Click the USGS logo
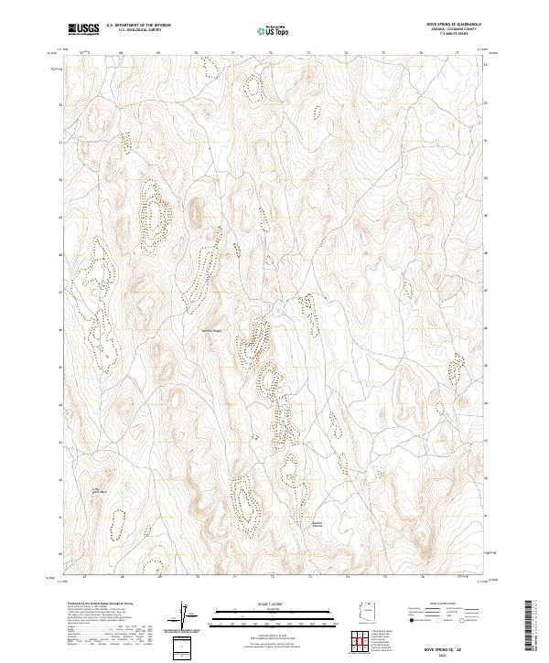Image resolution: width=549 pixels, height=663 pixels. coord(84,29)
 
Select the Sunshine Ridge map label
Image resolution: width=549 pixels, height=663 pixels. coord(212,331)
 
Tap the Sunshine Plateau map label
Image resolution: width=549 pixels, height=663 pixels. coord(318,523)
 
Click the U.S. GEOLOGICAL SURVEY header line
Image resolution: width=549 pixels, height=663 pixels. coord(131,30)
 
